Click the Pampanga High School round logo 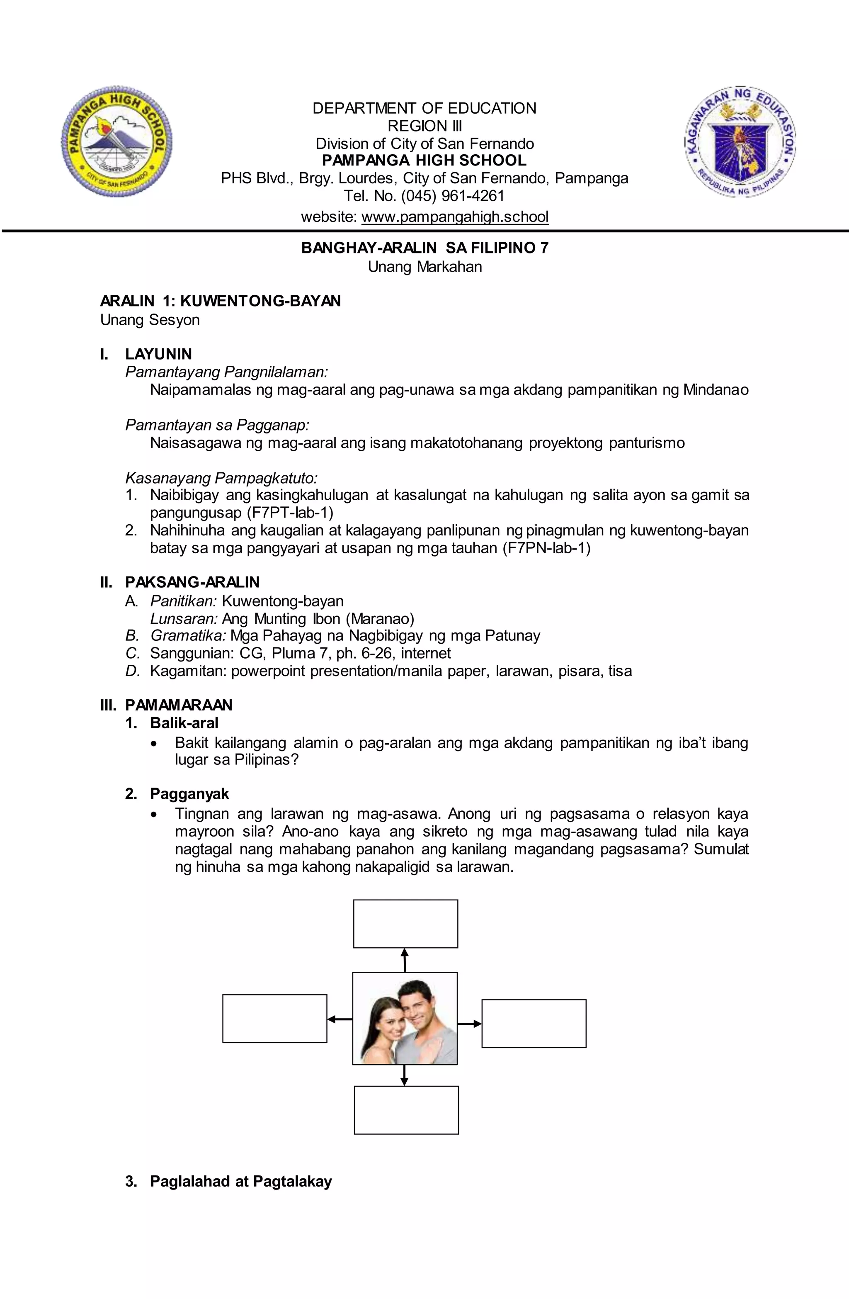[116, 141]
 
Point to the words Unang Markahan [424, 267]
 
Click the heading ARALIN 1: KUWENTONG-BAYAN [221, 301]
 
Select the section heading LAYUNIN [158, 354]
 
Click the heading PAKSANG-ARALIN [192, 582]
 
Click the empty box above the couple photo [405, 924]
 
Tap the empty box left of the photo [274, 1019]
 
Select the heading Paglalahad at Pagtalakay [240, 1181]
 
